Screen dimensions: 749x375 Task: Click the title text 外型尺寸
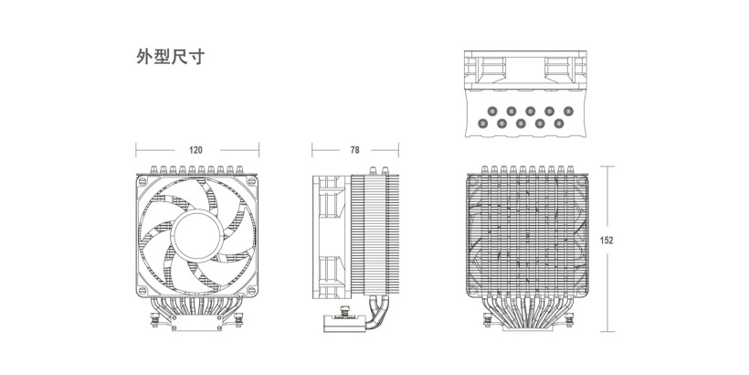tap(171, 57)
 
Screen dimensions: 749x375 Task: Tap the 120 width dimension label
tap(195, 150)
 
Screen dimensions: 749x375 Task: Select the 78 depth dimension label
tap(354, 150)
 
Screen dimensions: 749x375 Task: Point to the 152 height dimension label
tap(607, 241)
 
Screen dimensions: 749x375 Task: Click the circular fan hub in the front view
tap(196, 235)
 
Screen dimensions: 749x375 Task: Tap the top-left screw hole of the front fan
tap(142, 181)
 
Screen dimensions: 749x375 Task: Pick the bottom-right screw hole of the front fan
tap(252, 290)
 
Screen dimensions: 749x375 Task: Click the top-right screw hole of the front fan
tap(252, 181)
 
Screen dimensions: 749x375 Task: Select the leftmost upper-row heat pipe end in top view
tap(492, 111)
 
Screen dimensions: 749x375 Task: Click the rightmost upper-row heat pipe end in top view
tap(568, 111)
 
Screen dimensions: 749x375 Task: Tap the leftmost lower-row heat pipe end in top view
tap(482, 123)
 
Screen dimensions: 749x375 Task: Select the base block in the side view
tap(345, 324)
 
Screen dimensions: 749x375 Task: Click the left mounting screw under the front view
tap(154, 319)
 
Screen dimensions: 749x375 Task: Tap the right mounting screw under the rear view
tap(569, 319)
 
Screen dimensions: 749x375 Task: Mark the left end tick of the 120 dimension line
tap(136, 150)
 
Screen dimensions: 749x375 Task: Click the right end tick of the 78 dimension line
tap(398, 150)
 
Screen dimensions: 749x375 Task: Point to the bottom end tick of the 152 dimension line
tap(607, 331)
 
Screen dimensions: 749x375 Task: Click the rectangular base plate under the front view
tap(196, 323)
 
